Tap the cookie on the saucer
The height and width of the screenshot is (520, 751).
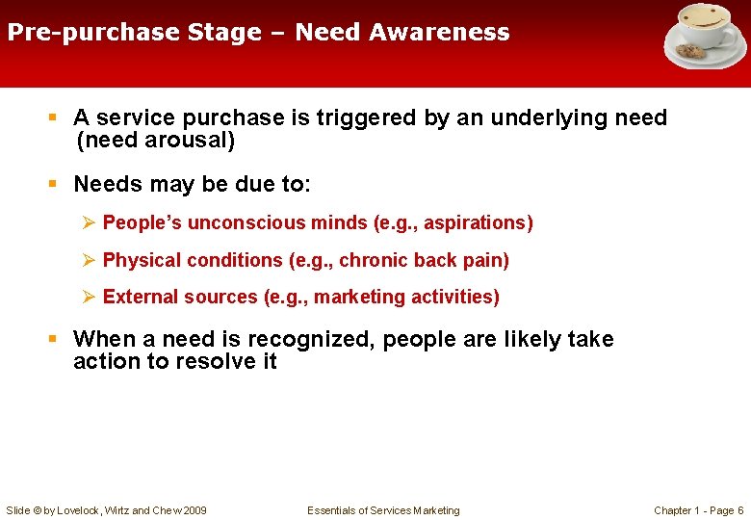tap(690, 50)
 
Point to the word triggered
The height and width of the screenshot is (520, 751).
tap(354, 117)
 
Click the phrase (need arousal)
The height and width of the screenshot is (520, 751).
tap(156, 140)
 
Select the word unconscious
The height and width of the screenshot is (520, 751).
tap(246, 222)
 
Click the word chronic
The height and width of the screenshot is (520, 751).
tap(375, 260)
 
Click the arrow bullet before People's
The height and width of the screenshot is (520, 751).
tap(88, 222)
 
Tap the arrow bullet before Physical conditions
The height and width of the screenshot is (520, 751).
tap(88, 260)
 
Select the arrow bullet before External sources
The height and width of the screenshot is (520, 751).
tap(88, 297)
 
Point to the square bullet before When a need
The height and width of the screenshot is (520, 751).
tap(55, 339)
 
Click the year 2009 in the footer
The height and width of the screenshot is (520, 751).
tap(194, 510)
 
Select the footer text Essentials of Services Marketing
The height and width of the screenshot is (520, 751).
tap(383, 510)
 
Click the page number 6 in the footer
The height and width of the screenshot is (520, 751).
tap(739, 510)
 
